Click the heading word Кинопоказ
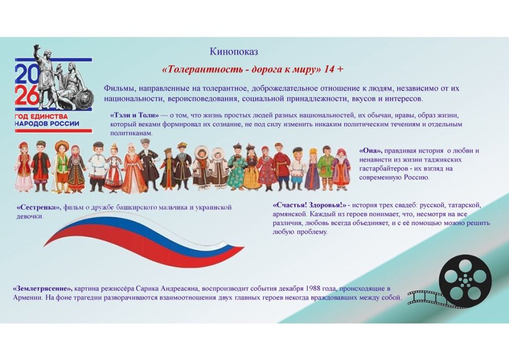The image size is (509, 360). [234, 52]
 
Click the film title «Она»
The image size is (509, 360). [370, 151]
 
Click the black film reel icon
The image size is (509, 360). [465, 280]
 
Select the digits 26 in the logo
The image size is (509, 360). [27, 97]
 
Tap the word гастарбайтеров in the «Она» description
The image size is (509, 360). [385, 168]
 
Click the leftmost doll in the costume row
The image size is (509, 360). [23, 166]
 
